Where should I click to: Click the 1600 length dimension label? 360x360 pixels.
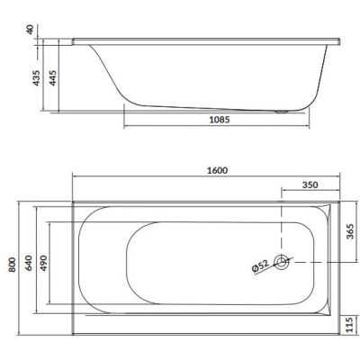216,170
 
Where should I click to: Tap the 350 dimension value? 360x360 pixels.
310,186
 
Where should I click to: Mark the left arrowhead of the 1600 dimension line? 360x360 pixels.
73,177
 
